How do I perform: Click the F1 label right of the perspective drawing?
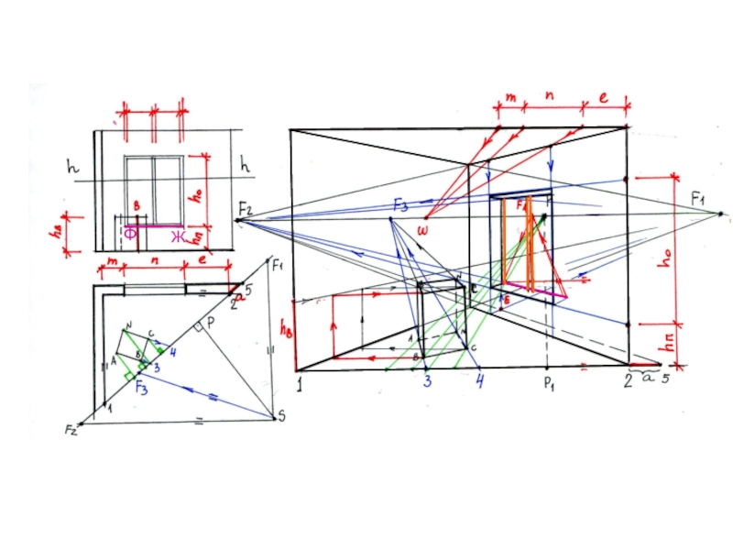(x=698, y=197)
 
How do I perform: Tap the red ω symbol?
(x=422, y=228)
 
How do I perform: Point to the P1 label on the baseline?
(x=550, y=384)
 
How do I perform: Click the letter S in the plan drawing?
(x=280, y=418)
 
